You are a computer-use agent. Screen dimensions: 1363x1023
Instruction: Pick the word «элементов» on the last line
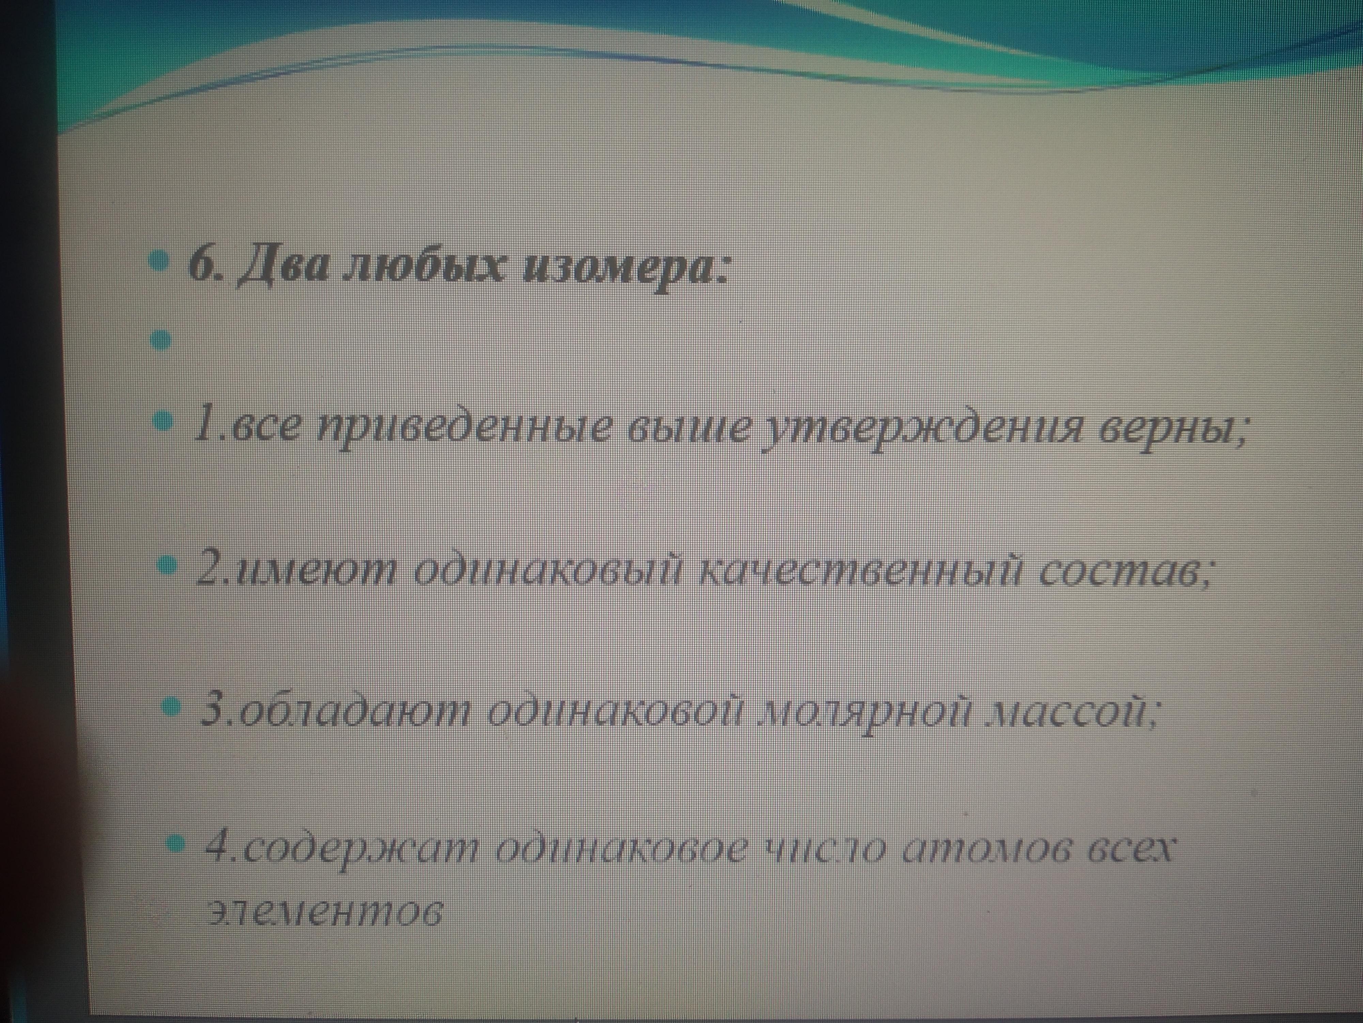point(325,912)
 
